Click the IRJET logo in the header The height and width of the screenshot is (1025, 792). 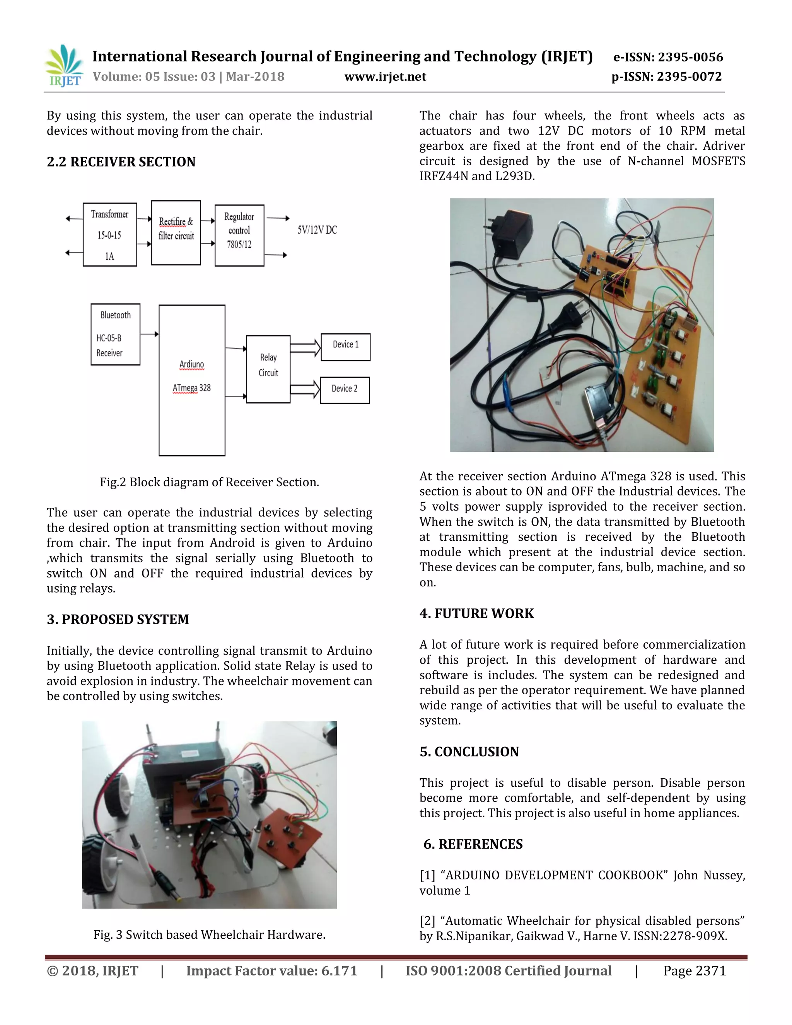pos(64,66)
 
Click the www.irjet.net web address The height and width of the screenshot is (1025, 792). pos(385,77)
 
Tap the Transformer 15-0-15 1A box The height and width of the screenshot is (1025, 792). pos(110,235)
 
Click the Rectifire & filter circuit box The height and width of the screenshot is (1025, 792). pos(176,233)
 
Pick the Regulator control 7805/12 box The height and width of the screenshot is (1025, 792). pos(239,235)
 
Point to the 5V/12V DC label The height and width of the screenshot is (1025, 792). pos(317,230)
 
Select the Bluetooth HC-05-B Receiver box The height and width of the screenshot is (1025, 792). pos(115,334)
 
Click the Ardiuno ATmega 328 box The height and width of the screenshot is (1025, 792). pos(192,380)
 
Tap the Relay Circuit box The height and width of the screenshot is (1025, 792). pos(268,369)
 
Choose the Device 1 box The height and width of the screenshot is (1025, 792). pos(345,347)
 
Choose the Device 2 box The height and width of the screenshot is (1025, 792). pos(345,390)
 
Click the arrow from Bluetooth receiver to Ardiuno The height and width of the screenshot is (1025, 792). pos(149,334)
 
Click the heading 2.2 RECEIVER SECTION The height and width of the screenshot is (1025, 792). pos(121,162)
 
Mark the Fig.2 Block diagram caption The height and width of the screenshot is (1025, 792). pos(209,482)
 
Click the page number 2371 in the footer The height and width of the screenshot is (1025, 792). pos(695,970)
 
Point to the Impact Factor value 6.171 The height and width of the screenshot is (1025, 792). pos(271,970)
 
